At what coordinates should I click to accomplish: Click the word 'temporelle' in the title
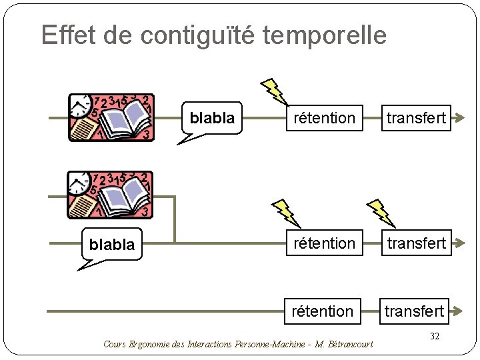tap(325, 35)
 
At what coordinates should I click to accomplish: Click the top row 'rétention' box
tap(325, 118)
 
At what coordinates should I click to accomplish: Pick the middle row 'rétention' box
tap(325, 243)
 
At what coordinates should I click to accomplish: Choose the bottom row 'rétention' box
tap(323, 311)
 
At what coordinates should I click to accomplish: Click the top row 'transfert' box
tap(416, 118)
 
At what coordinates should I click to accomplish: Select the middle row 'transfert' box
tap(416, 243)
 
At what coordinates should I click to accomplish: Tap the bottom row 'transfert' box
tap(415, 311)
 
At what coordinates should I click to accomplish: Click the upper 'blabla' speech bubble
tap(212, 119)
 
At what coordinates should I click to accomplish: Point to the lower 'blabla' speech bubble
tap(112, 245)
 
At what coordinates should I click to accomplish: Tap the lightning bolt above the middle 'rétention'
tap(287, 213)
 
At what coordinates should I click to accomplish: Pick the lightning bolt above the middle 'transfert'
tap(382, 213)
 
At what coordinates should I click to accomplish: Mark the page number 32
tap(434, 337)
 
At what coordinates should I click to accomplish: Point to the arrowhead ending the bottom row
tap(459, 311)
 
